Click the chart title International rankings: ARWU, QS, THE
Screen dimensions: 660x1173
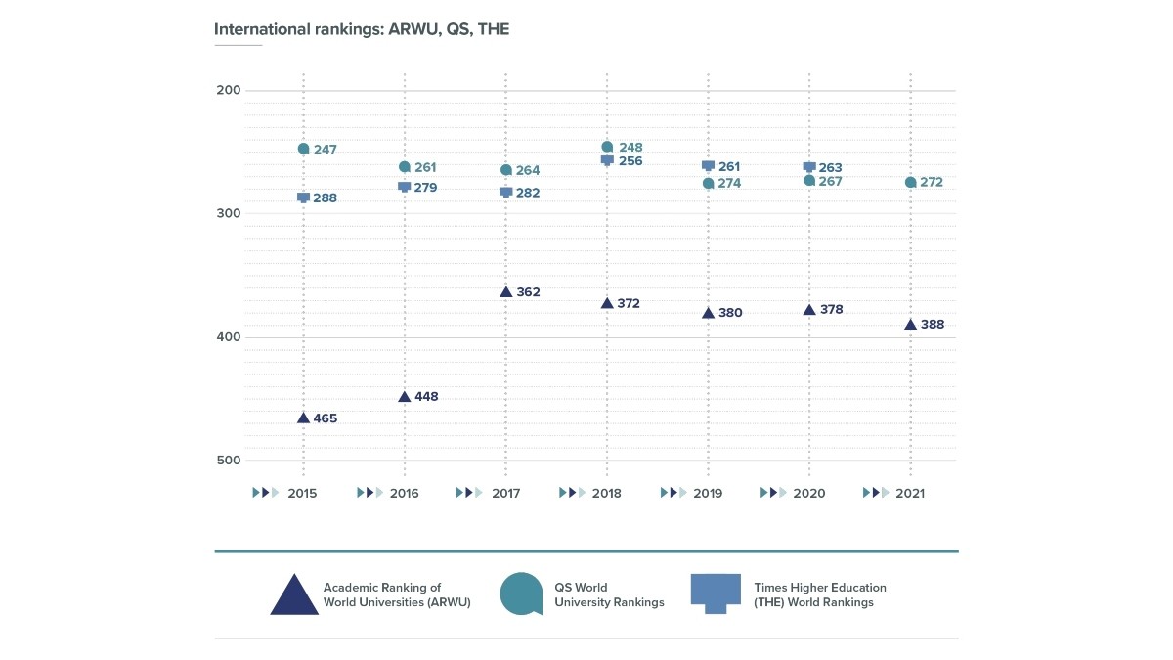click(362, 29)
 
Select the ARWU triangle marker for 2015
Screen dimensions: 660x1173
click(303, 418)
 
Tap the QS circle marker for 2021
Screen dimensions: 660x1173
click(910, 183)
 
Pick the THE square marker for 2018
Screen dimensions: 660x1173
click(607, 160)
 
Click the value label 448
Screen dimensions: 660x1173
click(425, 397)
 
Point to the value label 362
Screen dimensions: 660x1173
click(527, 292)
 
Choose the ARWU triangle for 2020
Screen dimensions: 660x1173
click(809, 310)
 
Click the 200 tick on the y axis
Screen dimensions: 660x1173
click(228, 90)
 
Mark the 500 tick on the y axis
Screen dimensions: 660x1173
click(228, 461)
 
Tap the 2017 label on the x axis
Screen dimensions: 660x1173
click(505, 494)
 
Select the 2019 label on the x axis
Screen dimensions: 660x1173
click(708, 494)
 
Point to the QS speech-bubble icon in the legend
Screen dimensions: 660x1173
click(521, 594)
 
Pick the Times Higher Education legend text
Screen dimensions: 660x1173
click(819, 594)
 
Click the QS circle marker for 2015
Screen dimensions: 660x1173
click(303, 149)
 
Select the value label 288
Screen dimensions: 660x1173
click(325, 198)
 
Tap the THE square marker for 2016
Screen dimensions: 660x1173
click(405, 187)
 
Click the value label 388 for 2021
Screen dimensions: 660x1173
click(932, 325)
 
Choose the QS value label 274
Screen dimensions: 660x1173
click(729, 184)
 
